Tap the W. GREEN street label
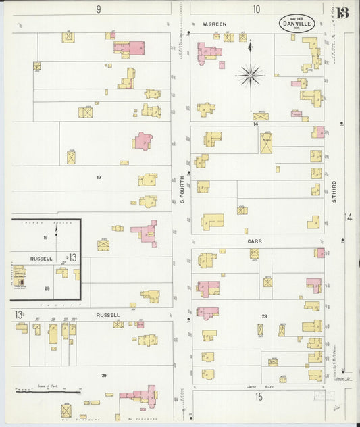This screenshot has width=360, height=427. coord(214,24)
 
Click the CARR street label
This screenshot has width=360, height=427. coord(254,239)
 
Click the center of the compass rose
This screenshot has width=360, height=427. coord(251,76)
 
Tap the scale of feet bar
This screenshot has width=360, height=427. coord(48,391)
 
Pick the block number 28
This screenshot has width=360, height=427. coord(265,316)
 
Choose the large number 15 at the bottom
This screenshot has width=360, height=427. coord(259,397)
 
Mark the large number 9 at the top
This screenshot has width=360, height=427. coord(99,9)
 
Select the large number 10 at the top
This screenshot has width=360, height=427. coord(257,9)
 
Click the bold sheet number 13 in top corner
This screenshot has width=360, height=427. coord(343,14)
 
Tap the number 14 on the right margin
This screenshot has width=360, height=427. coord(348,217)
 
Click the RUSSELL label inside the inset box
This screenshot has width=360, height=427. coord(42,257)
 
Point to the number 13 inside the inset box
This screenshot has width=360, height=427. coord(72,257)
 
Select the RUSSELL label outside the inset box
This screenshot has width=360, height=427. coord(107,315)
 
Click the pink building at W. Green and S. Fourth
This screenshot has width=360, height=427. coord(208,51)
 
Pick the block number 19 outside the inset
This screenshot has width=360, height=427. coord(99,177)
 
